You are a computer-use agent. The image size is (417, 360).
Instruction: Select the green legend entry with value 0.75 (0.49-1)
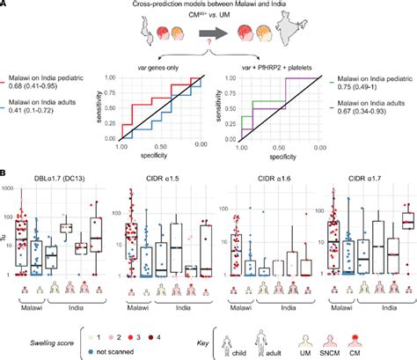coord(365,88)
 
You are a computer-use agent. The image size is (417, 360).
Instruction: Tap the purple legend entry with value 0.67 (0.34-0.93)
coord(365,114)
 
